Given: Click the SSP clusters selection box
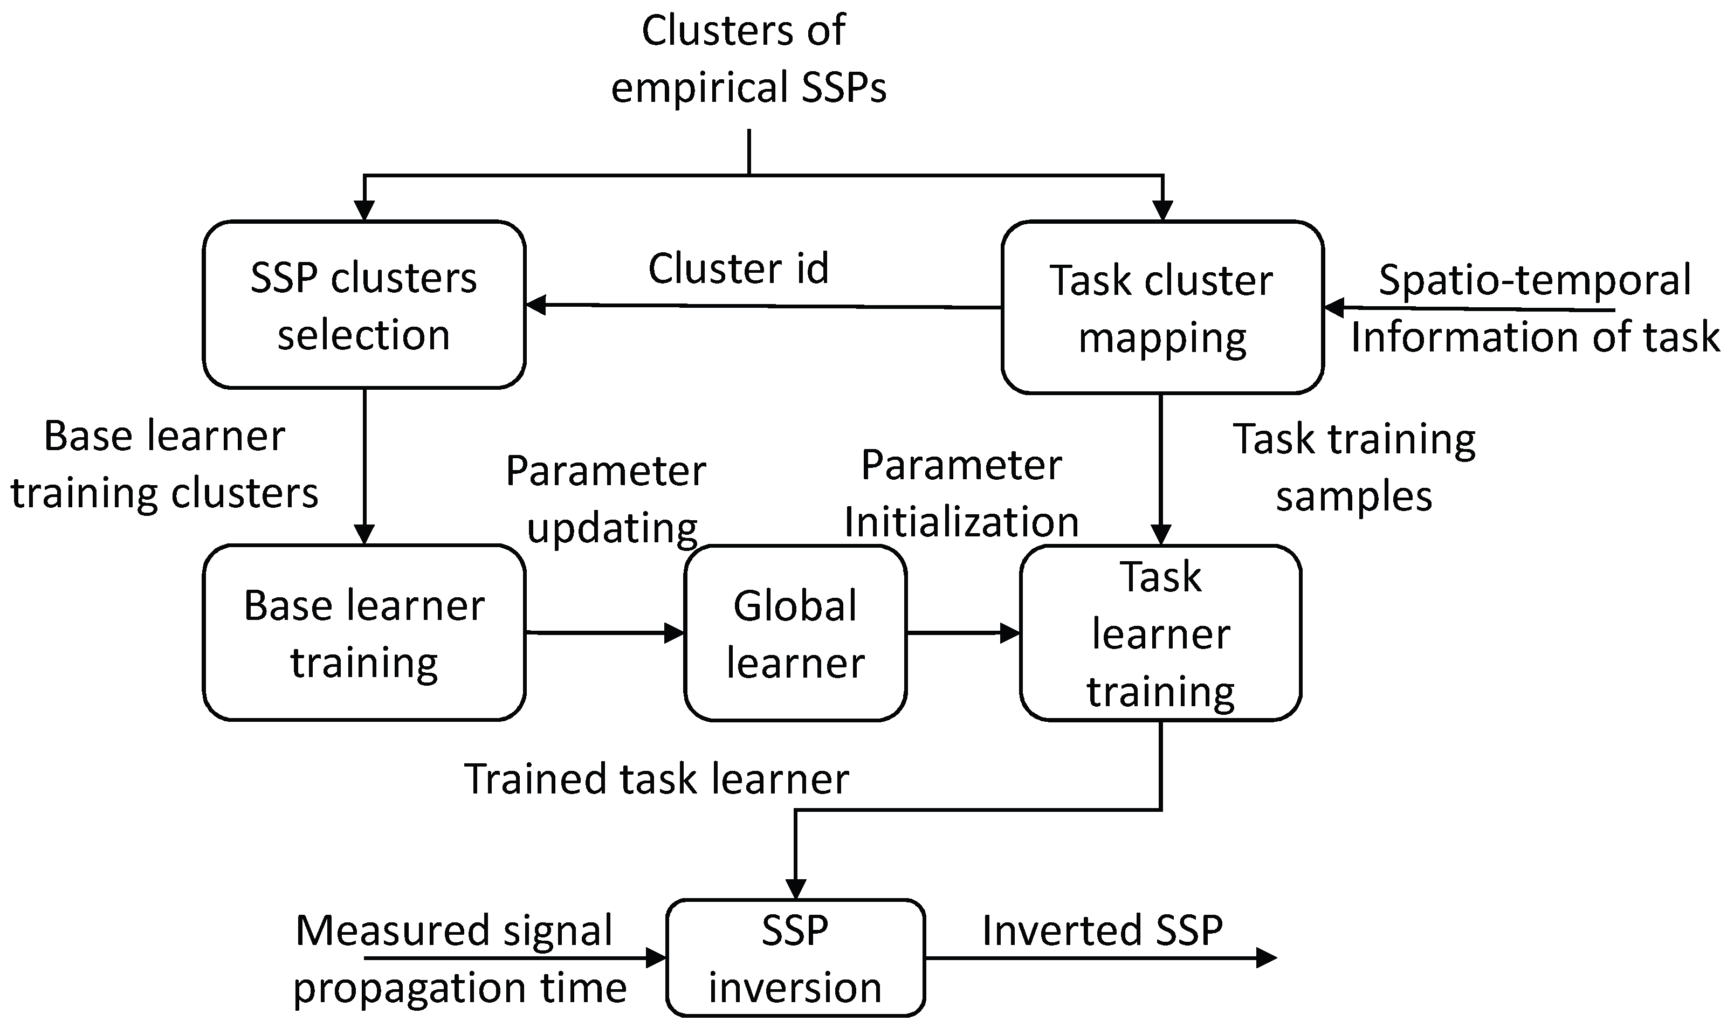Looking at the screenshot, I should tap(364, 305).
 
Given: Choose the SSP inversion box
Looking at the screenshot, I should tap(795, 958).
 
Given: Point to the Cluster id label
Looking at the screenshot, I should tap(739, 269).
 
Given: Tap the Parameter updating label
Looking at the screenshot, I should tap(606, 499).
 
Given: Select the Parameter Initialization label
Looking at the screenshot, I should tap(961, 493).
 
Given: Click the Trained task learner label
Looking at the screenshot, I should tap(656, 778).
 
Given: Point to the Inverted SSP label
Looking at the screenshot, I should tap(1102, 930).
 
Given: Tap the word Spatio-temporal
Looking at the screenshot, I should tap(1535, 279).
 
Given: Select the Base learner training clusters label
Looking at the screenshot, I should tap(164, 464).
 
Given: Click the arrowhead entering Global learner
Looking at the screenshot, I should tap(675, 632).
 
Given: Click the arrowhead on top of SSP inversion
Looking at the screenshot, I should tap(795, 889).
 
